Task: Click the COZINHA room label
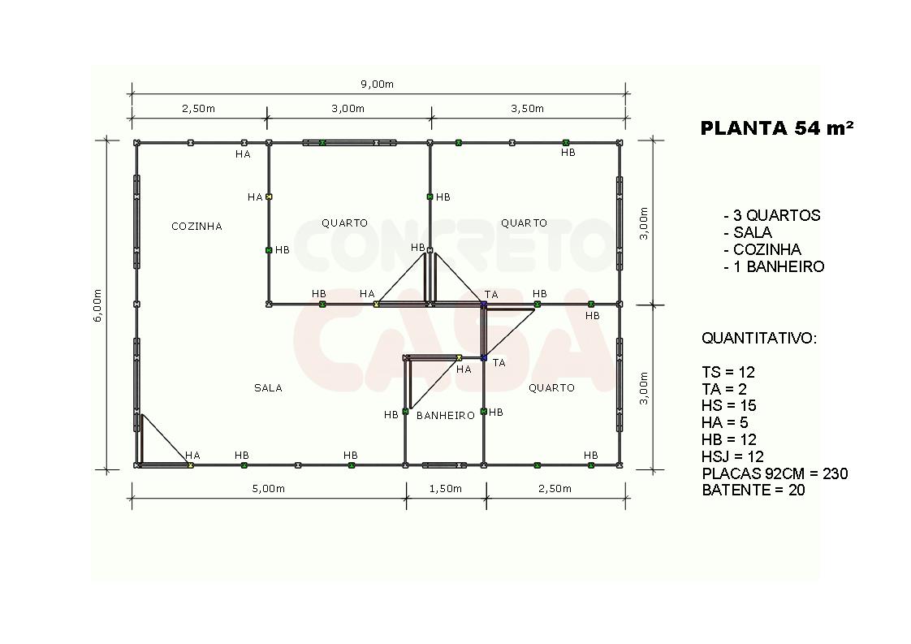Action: [196, 226]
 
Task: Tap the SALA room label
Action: [268, 387]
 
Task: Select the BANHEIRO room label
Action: [446, 415]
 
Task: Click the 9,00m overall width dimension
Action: [377, 84]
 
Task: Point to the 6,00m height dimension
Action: [97, 305]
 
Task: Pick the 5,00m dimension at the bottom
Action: [269, 489]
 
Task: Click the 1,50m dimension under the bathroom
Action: [446, 489]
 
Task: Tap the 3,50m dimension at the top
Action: [528, 109]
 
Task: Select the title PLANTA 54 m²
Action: [777, 128]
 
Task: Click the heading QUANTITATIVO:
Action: [759, 339]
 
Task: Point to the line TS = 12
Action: [728, 372]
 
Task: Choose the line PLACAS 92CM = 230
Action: [775, 473]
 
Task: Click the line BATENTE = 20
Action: [753, 490]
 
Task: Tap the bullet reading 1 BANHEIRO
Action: [774, 267]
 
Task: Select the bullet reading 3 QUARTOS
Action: [772, 216]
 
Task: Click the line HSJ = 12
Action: [732, 456]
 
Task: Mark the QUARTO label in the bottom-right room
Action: [551, 387]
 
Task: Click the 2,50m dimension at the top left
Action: [199, 109]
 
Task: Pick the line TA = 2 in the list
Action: [724, 389]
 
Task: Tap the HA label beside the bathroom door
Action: [464, 369]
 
